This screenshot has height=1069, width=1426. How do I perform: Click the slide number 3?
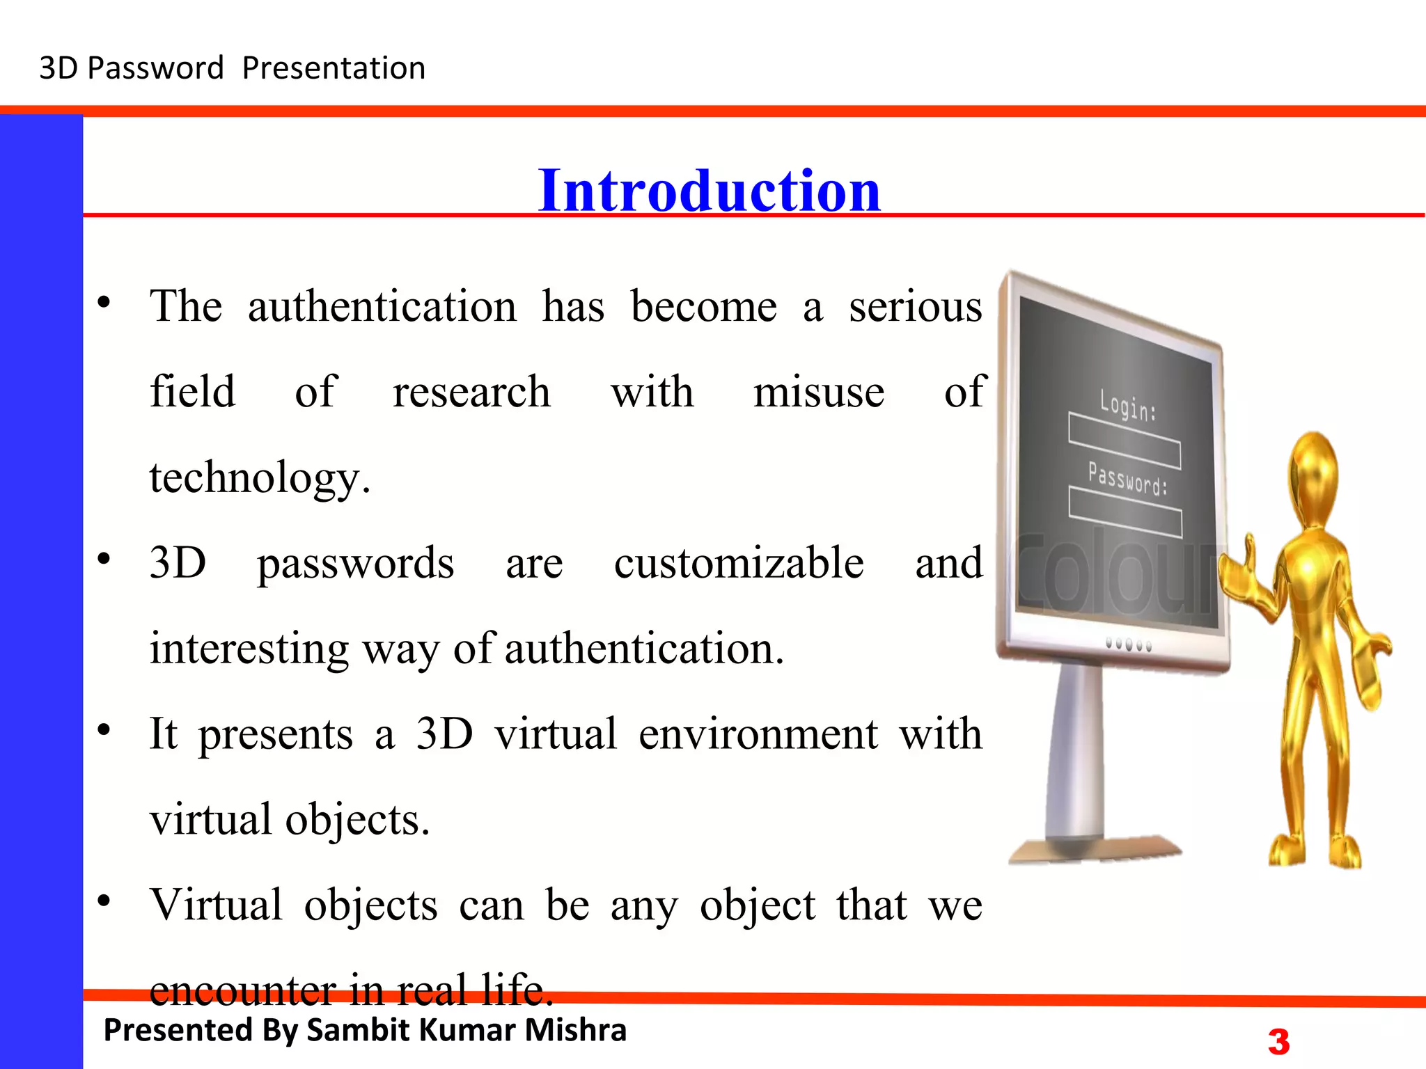pos(1278,1042)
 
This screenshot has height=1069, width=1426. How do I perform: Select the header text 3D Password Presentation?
pos(232,68)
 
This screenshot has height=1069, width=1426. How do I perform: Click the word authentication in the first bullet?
pos(382,306)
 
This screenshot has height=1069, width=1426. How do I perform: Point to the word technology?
pos(259,478)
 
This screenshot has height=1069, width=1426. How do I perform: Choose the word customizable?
pos(738,563)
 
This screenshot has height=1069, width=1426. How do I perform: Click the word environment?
pos(758,734)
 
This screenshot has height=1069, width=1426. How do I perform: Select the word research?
pos(471,392)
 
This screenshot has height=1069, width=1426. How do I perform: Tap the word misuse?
pos(819,392)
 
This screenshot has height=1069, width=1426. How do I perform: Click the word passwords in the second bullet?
pos(355,563)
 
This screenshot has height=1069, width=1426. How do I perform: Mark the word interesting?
pos(249,649)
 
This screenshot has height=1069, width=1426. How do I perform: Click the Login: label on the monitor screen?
pos(1128,406)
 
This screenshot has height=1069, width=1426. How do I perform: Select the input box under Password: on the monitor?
pos(1125,513)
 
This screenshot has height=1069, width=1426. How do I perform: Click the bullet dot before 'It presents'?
pos(104,730)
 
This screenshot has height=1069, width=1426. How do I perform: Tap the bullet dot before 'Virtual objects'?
pos(104,901)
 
